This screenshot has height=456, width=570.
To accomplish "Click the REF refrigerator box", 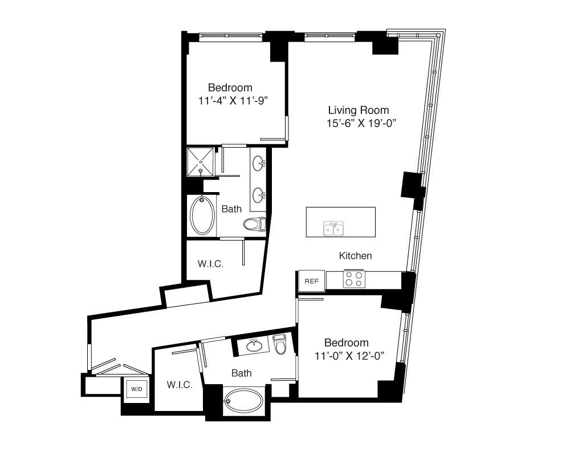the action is tap(312, 281).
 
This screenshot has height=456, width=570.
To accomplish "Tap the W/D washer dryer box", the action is tap(137, 389).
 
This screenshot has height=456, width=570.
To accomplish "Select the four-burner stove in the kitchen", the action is tap(354, 279).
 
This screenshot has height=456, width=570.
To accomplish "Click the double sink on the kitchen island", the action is tap(333, 229).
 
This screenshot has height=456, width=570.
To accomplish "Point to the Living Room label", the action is tap(359, 110).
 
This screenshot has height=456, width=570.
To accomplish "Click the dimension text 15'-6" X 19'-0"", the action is tap(361, 124).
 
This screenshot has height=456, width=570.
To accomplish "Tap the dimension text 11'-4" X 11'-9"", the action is tap(233, 101).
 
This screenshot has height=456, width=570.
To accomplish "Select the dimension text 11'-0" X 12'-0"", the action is tap(349, 356).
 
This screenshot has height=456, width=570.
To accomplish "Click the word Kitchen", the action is tap(355, 255).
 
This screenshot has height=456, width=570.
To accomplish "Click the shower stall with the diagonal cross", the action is tap(200, 162).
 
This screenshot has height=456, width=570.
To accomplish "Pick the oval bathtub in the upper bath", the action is tap(202, 215).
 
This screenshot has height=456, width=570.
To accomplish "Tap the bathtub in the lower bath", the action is tap(243, 401).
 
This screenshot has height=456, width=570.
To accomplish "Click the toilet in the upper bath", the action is tap(254, 224).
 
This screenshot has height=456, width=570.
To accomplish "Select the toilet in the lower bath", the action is tap(281, 344).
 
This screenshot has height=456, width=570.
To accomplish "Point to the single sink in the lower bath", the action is tap(254, 345).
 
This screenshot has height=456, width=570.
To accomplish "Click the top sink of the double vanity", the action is tap(258, 162).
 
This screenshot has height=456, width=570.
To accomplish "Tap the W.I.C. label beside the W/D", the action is tap(180, 385).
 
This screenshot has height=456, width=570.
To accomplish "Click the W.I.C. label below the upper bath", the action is tap(210, 264).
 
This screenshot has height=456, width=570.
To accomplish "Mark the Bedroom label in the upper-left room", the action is tap(230, 88).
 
